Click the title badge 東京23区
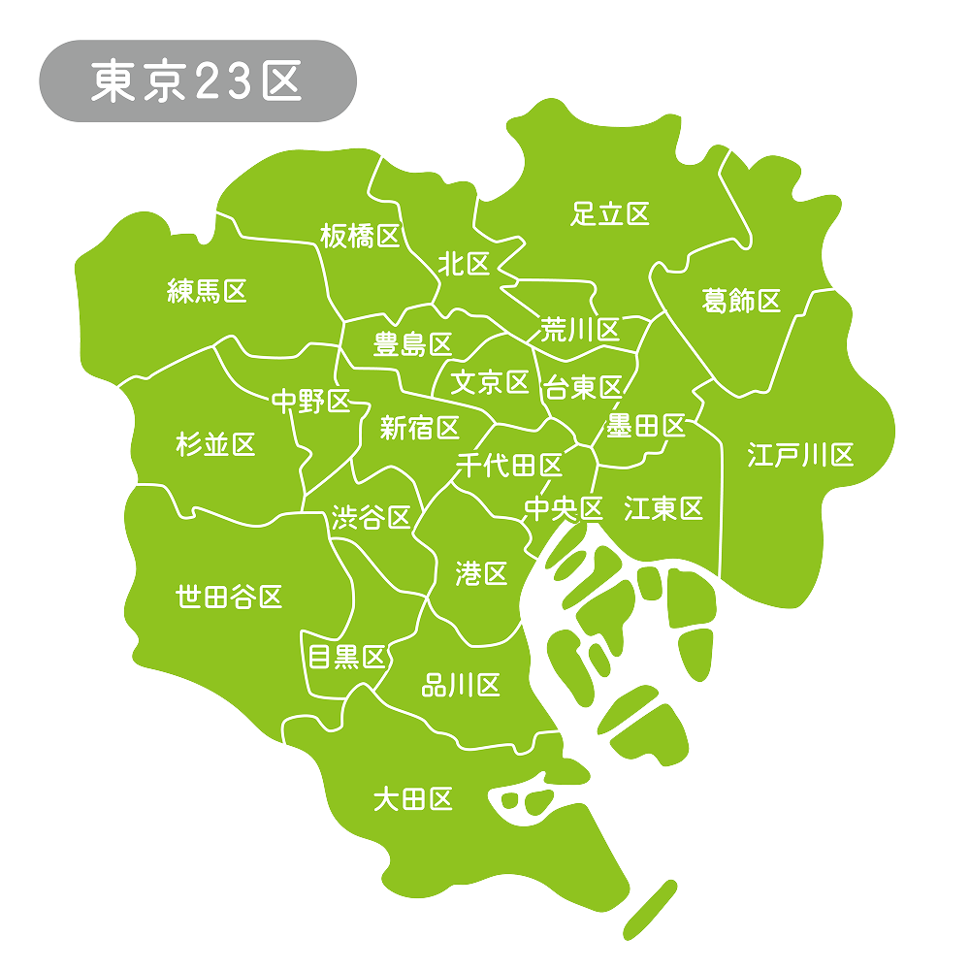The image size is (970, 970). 197,81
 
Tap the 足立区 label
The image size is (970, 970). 610,213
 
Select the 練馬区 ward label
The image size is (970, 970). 208,290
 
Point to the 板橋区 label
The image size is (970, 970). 360,235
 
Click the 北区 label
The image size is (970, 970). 465,264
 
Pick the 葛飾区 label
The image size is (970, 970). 741,301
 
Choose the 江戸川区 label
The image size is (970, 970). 800,454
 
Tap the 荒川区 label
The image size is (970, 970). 580,330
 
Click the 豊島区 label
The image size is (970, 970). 413,343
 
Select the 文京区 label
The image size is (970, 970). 491,382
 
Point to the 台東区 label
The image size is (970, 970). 582,388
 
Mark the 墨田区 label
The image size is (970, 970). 646,425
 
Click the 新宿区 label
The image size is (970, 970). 419,427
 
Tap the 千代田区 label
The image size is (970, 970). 509,466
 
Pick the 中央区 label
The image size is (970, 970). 564,507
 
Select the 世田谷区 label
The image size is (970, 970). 229,596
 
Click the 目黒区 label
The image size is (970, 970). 346,657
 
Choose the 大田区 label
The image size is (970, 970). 413,799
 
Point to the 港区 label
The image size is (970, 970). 481,573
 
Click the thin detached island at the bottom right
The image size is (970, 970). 650,909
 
